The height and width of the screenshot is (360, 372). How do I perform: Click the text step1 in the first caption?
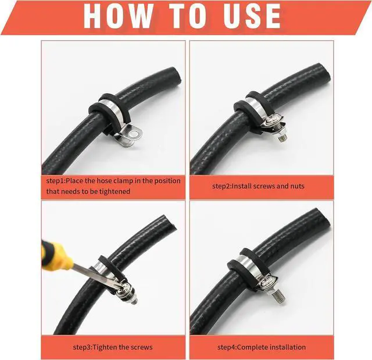coord(55,181)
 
